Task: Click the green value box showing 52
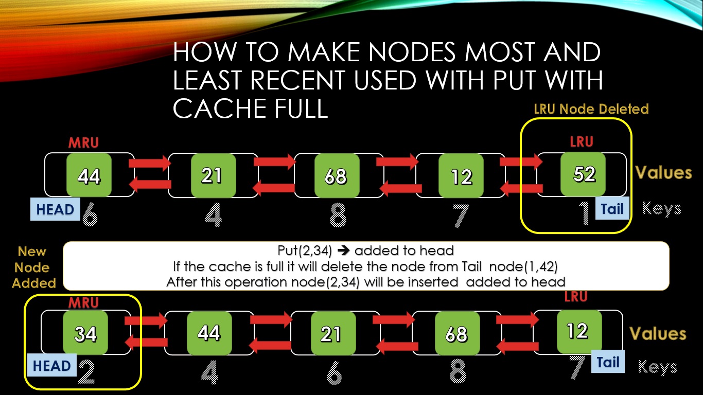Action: pos(584,174)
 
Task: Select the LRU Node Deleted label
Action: pos(591,109)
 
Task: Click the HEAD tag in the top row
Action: pos(55,209)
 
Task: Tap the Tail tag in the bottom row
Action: pos(608,362)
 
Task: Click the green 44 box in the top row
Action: pos(89,176)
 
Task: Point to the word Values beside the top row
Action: pos(663,172)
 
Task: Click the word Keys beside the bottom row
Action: pos(657,367)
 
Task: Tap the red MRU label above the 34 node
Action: pos(83,302)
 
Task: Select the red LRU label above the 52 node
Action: pos(582,142)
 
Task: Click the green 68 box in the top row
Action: pos(336,176)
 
